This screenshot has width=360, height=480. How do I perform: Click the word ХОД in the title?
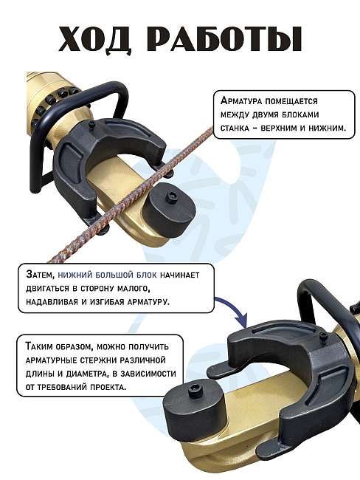point(95,40)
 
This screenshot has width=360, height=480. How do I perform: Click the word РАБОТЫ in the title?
point(223,39)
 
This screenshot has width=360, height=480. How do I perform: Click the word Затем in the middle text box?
point(40,275)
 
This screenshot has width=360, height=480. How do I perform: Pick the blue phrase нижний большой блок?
point(107,275)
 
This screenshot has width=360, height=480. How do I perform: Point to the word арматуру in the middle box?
point(148,301)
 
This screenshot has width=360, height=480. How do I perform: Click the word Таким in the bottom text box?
point(39,346)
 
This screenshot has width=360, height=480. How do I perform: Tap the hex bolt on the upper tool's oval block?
point(171,196)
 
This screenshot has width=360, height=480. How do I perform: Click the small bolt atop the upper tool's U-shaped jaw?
point(92,124)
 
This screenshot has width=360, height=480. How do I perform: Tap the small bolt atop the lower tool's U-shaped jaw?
point(322,336)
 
